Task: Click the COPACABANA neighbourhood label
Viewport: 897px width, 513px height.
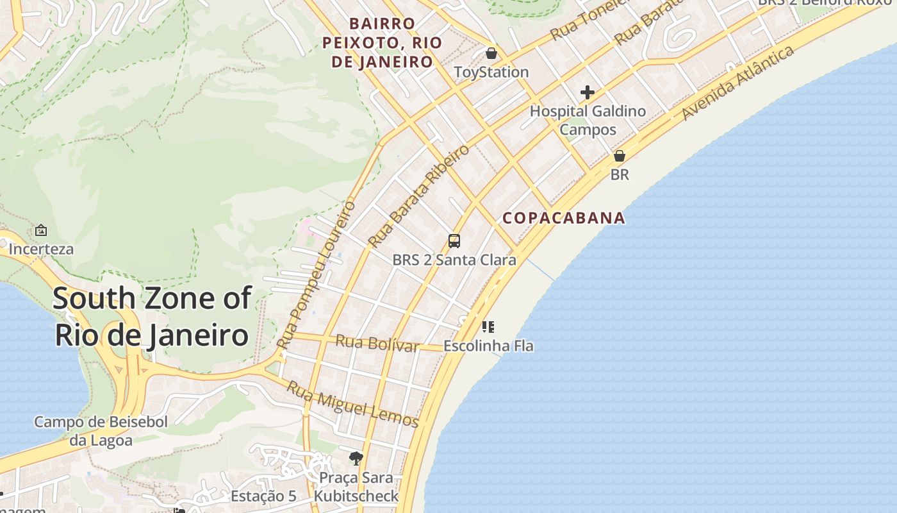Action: click(564, 218)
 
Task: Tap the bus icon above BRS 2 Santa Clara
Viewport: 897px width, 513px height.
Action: click(454, 241)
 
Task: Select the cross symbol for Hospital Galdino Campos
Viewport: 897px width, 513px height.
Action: click(588, 92)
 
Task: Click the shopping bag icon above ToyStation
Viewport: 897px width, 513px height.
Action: click(491, 53)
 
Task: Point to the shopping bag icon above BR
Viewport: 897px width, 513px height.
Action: click(620, 156)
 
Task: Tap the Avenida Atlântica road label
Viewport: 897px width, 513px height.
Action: click(738, 83)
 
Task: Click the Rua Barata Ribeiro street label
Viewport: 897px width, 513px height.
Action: click(419, 196)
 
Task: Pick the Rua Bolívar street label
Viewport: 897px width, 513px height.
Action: click(377, 343)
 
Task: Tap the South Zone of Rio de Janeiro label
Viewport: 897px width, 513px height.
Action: click(152, 317)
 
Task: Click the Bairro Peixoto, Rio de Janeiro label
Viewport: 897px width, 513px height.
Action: click(383, 43)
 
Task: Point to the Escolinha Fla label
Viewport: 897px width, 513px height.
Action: click(488, 346)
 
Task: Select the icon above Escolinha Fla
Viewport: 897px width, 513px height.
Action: click(488, 327)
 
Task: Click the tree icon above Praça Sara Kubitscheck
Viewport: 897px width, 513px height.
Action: click(356, 458)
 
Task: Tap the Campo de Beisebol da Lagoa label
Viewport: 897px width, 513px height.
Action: click(101, 431)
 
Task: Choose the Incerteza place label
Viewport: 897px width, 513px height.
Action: click(41, 249)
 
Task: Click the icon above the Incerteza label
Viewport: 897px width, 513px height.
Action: click(41, 230)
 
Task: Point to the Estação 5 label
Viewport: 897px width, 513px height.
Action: click(263, 496)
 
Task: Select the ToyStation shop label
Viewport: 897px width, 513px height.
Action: click(491, 72)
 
